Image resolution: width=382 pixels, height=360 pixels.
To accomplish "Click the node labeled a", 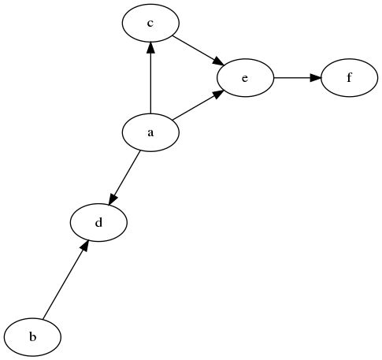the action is point(150,132).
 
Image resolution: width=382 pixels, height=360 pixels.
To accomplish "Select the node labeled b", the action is point(32,337).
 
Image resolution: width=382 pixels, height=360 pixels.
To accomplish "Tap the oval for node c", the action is point(150,23).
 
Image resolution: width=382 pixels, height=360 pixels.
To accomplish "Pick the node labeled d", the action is point(98,222).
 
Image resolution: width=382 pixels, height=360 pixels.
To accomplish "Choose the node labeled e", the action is point(245,78).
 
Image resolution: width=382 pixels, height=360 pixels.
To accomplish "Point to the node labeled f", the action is point(349,78).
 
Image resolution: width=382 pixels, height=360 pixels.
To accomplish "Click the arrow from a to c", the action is point(150,78).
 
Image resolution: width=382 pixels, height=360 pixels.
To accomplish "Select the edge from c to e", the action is point(198,50).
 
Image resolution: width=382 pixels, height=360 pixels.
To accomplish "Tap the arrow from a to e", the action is point(198,106).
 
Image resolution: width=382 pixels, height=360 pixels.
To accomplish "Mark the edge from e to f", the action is point(298,78).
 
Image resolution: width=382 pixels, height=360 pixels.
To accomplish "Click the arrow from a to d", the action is point(124,178).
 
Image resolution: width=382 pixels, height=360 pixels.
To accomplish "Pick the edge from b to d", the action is point(65,280).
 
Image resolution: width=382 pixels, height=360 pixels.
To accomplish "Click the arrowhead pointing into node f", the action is point(316,78).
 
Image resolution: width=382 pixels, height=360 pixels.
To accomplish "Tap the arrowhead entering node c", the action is point(150,47).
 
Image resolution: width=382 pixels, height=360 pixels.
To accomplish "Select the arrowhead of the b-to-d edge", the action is point(83,247).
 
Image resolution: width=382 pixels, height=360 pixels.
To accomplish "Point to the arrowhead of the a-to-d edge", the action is point(113,199).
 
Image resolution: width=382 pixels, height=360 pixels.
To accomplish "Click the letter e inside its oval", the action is point(245,78).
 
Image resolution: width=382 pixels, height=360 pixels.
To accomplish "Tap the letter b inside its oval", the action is point(32,336).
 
